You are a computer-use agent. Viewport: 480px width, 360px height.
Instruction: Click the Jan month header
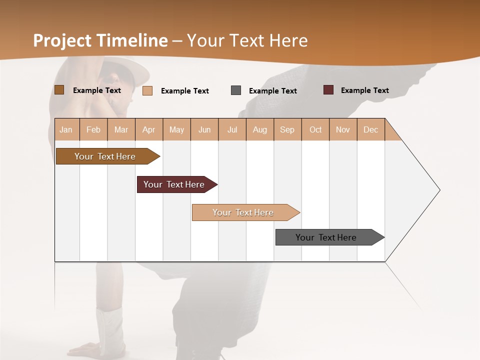[66, 129]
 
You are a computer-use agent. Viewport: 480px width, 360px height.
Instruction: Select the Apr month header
[148, 129]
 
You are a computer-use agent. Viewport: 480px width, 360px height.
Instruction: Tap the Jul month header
[232, 129]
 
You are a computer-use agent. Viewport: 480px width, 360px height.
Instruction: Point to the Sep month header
[287, 129]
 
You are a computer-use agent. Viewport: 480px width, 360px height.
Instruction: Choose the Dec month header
[370, 129]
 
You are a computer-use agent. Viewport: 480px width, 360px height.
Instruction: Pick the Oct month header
[315, 129]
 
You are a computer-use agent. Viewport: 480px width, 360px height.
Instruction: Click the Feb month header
[93, 129]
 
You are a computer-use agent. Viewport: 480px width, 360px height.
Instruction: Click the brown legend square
[59, 90]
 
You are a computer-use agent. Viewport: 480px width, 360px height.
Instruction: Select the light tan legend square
[147, 90]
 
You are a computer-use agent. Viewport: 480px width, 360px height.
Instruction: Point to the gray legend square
[236, 90]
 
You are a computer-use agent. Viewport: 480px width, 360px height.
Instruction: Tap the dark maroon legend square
[328, 90]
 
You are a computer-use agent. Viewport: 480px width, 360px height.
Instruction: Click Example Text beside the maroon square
[364, 90]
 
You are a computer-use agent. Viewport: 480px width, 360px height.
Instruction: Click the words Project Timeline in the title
[100, 40]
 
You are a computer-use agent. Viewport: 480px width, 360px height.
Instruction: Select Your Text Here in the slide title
[247, 40]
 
